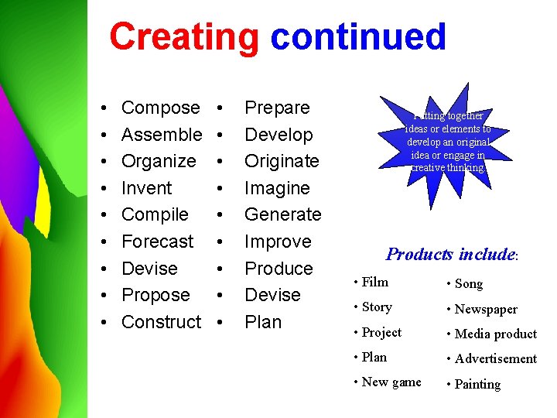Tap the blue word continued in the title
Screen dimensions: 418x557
pos(358,37)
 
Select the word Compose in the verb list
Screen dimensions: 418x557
pos(160,108)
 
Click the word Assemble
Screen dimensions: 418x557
pos(162,135)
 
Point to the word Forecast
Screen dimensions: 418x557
pos(157,242)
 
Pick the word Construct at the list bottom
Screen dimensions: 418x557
pos(161,322)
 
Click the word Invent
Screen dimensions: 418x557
pos(146,188)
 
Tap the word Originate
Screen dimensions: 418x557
pos(282,161)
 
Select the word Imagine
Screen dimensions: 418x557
pos(277,188)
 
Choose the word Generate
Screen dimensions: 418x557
pos(282,214)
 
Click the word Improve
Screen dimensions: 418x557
pos(278,242)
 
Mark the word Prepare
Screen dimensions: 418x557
pos(277,108)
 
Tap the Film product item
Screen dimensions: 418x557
pos(374,283)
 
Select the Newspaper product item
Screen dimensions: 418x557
pos(486,310)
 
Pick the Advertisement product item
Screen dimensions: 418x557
pos(495,359)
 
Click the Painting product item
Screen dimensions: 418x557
pos(477,385)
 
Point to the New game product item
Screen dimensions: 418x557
pos(391,382)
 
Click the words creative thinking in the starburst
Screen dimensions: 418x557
pos(449,167)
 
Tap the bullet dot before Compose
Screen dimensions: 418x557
pos(103,108)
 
